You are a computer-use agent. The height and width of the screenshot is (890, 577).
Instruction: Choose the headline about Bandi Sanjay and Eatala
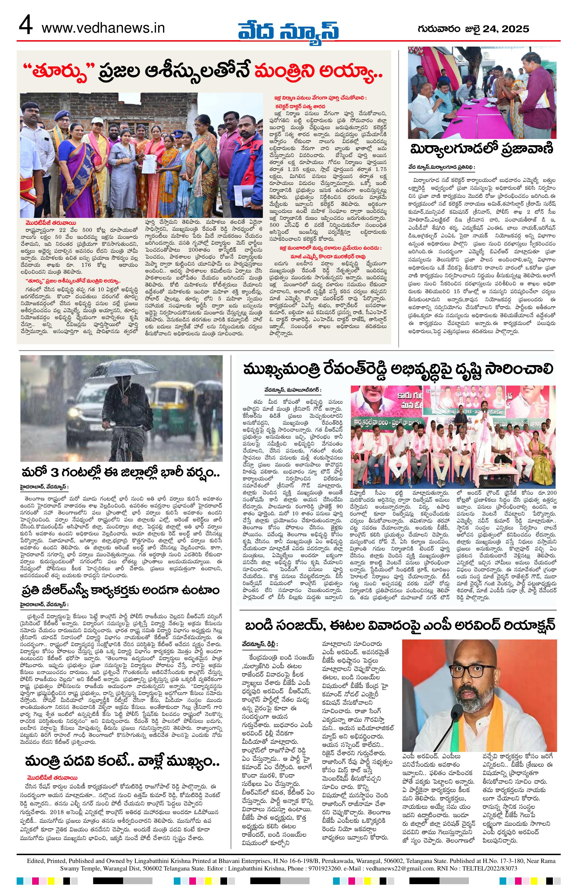click(400, 625)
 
